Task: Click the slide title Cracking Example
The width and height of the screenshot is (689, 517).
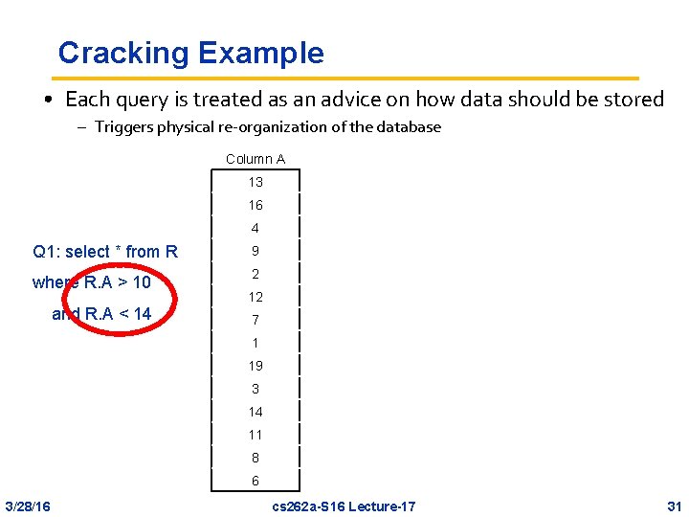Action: (x=190, y=53)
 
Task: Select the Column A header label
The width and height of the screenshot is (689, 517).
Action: (x=256, y=159)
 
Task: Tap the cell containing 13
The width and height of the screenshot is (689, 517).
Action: (x=256, y=182)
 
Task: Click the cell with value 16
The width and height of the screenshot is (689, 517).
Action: (x=256, y=205)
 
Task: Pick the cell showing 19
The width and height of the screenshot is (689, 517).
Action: (x=256, y=366)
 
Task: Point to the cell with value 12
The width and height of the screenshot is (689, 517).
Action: (x=256, y=297)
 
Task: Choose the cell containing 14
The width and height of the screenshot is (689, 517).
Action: (x=256, y=412)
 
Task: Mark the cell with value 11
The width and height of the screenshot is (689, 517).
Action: (x=256, y=435)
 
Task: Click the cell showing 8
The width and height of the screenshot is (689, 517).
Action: (x=256, y=458)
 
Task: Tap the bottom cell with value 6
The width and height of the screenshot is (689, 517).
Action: (x=256, y=481)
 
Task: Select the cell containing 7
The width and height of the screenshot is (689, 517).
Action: (x=256, y=320)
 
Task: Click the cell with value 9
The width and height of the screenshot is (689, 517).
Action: (x=256, y=251)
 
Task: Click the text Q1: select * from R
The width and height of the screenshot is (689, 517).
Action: (x=105, y=252)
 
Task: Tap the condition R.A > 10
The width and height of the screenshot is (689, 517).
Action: (x=117, y=282)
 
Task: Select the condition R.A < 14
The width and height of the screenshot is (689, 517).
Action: (x=118, y=313)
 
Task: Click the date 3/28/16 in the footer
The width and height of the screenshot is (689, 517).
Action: (x=29, y=506)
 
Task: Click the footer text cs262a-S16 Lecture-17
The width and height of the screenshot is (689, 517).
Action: (x=344, y=506)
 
